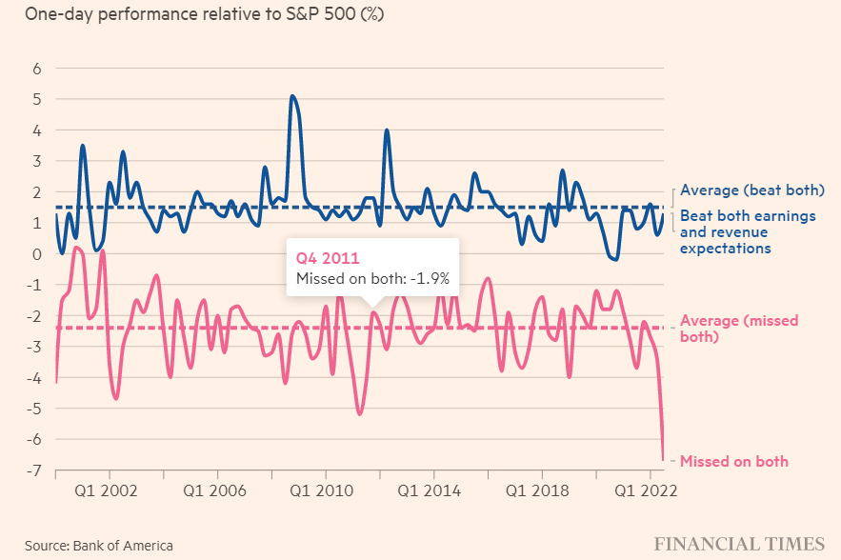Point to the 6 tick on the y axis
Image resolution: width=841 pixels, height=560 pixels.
click(x=37, y=69)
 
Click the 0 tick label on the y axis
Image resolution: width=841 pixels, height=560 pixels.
click(x=37, y=254)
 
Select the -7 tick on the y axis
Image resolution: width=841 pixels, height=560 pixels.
click(x=34, y=470)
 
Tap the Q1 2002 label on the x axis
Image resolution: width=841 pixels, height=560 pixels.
click(x=110, y=490)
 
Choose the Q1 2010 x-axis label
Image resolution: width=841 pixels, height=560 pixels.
click(x=326, y=490)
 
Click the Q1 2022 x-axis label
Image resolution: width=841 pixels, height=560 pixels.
click(x=650, y=490)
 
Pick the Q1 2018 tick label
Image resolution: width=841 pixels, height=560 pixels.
click(x=542, y=490)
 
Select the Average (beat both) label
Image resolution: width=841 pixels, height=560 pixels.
click(x=751, y=190)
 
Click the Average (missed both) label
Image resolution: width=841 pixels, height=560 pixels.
click(x=739, y=329)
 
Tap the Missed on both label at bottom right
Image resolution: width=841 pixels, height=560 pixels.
click(x=733, y=461)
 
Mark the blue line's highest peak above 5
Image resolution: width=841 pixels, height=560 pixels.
click(x=292, y=95)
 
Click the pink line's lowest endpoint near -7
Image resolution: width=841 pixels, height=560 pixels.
click(x=664, y=459)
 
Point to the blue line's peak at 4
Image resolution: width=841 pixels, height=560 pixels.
click(x=387, y=130)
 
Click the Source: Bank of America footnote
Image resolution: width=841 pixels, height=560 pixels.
click(x=99, y=546)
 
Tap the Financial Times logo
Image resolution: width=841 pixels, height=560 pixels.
click(x=738, y=544)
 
